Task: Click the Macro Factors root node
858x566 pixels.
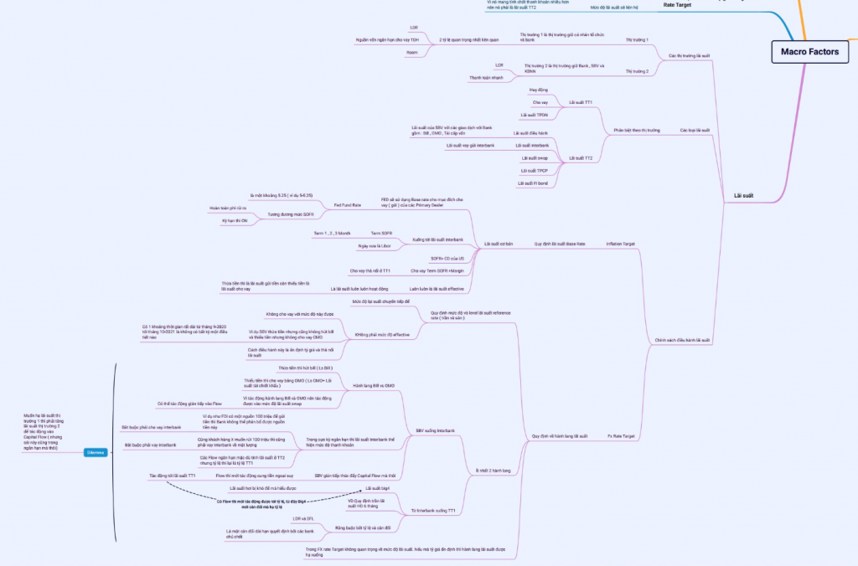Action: (804, 52)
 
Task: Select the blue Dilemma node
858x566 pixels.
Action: (95, 452)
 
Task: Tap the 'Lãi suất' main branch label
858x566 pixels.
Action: (743, 195)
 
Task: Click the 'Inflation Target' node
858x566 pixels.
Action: (620, 244)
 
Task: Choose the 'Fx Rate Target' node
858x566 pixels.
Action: (620, 436)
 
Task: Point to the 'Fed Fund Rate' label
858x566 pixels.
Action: (347, 204)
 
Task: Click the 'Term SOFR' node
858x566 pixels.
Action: (381, 232)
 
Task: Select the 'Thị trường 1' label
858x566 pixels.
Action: (638, 39)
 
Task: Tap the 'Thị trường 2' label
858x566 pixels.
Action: (638, 72)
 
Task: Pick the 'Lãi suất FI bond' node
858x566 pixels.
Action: (533, 183)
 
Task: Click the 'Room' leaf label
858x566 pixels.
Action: (411, 52)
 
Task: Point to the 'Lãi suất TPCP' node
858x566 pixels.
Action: (534, 170)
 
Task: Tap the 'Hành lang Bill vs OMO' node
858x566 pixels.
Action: (374, 385)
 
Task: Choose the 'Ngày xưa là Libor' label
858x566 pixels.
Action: (375, 245)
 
